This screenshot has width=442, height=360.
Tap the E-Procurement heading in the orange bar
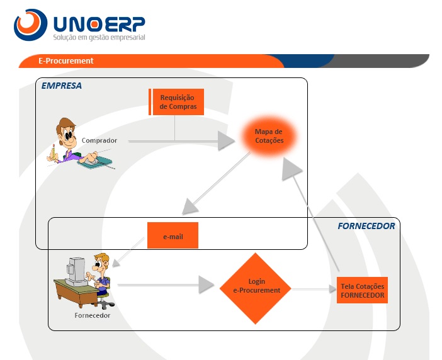(x=65, y=61)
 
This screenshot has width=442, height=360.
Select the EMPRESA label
(x=61, y=86)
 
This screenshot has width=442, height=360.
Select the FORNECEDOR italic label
(x=365, y=226)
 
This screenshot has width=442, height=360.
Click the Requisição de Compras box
(x=177, y=102)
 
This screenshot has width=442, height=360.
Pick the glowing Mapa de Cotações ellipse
(x=269, y=136)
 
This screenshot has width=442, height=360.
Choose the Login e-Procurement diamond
(x=255, y=288)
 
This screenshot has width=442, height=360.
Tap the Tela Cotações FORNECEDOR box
(x=362, y=290)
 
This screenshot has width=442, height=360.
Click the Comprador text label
(x=99, y=140)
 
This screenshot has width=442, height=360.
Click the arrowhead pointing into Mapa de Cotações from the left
(x=225, y=141)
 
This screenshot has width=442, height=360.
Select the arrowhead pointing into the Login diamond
(x=207, y=285)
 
